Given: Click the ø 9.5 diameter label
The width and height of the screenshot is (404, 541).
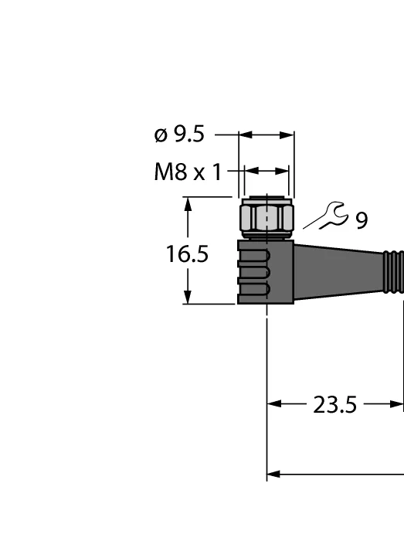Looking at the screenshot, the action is pyautogui.click(x=179, y=134).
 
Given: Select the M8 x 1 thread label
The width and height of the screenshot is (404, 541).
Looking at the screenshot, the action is pyautogui.click(x=188, y=172).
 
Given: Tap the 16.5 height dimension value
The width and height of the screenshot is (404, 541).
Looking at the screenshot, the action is pyautogui.click(x=187, y=254).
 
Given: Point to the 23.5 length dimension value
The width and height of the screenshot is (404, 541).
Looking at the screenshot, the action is pyautogui.click(x=334, y=405).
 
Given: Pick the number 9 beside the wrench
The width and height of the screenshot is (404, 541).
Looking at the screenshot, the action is pyautogui.click(x=362, y=220).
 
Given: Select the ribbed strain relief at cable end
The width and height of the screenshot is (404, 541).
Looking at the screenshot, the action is pyautogui.click(x=393, y=272).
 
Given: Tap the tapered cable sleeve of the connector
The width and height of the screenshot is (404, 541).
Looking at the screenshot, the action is pyautogui.click(x=338, y=272).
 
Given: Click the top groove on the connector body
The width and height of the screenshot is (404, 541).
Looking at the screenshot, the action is pyautogui.click(x=253, y=254).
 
